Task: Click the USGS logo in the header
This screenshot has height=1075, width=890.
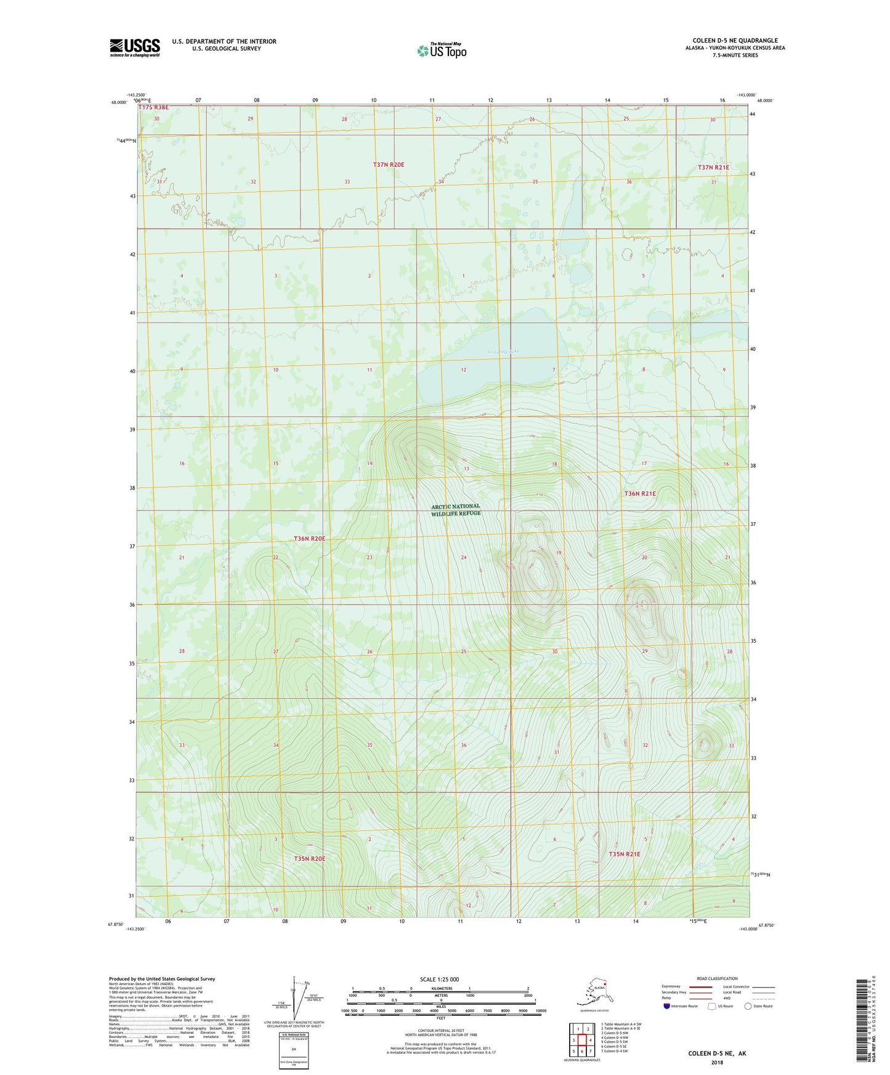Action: tap(135, 47)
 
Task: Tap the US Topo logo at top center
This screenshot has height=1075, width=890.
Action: tap(442, 50)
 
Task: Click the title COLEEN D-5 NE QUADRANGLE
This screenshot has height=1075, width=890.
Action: tap(735, 41)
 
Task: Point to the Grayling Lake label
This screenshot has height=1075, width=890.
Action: tap(503, 352)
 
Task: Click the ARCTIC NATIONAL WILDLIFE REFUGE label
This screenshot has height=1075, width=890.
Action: tap(455, 509)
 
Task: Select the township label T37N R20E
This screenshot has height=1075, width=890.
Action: tap(388, 164)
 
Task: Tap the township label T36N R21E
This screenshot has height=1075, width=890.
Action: tap(640, 494)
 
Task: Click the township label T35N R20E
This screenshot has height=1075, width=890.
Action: tap(309, 858)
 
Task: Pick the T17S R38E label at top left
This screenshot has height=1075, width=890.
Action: tap(153, 108)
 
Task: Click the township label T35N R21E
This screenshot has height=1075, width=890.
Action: tap(625, 854)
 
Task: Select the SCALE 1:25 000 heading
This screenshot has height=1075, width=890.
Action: tap(440, 979)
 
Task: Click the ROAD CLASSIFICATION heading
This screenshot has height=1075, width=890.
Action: tap(717, 978)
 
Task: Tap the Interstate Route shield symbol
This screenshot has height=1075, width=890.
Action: tap(667, 1006)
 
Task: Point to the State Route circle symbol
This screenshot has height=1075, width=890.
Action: tap(748, 1006)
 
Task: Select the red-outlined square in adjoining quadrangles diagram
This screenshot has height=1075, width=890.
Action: tap(581, 1040)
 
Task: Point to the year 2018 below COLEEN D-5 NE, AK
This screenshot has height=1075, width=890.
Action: tap(717, 1062)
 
